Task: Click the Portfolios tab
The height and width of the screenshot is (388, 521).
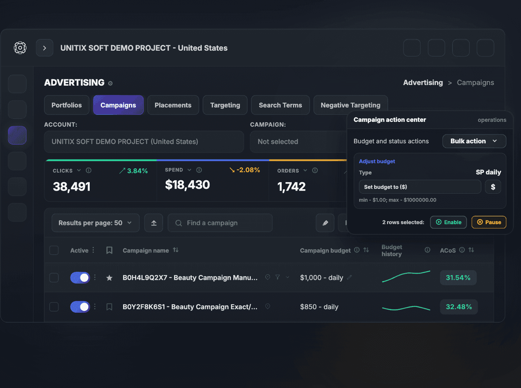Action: coord(67,105)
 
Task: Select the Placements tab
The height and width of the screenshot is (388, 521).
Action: coord(173,105)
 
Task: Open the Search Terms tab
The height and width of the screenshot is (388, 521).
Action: coord(280,105)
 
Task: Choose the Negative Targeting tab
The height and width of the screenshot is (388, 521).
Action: coord(351,105)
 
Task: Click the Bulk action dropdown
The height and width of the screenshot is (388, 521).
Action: coord(474,141)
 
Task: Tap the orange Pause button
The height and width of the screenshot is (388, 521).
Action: coord(489,222)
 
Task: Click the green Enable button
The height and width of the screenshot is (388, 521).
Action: coord(448,222)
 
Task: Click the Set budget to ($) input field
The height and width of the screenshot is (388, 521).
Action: coord(420,187)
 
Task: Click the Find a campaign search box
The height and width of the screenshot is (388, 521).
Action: coord(220,223)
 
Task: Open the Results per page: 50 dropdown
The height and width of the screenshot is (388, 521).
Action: coord(95,223)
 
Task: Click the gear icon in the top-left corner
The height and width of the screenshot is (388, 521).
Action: coord(20,48)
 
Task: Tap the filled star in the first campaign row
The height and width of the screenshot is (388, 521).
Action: coord(109,278)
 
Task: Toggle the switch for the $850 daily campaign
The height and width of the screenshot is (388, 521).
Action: coord(80,307)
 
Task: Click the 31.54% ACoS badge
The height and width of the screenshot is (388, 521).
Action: coord(458,277)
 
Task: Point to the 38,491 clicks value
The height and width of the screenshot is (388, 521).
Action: coord(72,187)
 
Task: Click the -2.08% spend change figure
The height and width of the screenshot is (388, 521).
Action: coord(248,170)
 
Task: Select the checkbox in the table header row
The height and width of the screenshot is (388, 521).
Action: coord(54,250)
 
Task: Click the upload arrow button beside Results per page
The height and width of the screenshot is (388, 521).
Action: coord(154,223)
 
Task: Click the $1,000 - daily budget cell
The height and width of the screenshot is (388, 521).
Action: coord(322,277)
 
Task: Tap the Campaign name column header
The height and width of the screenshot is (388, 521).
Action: coord(146,251)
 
